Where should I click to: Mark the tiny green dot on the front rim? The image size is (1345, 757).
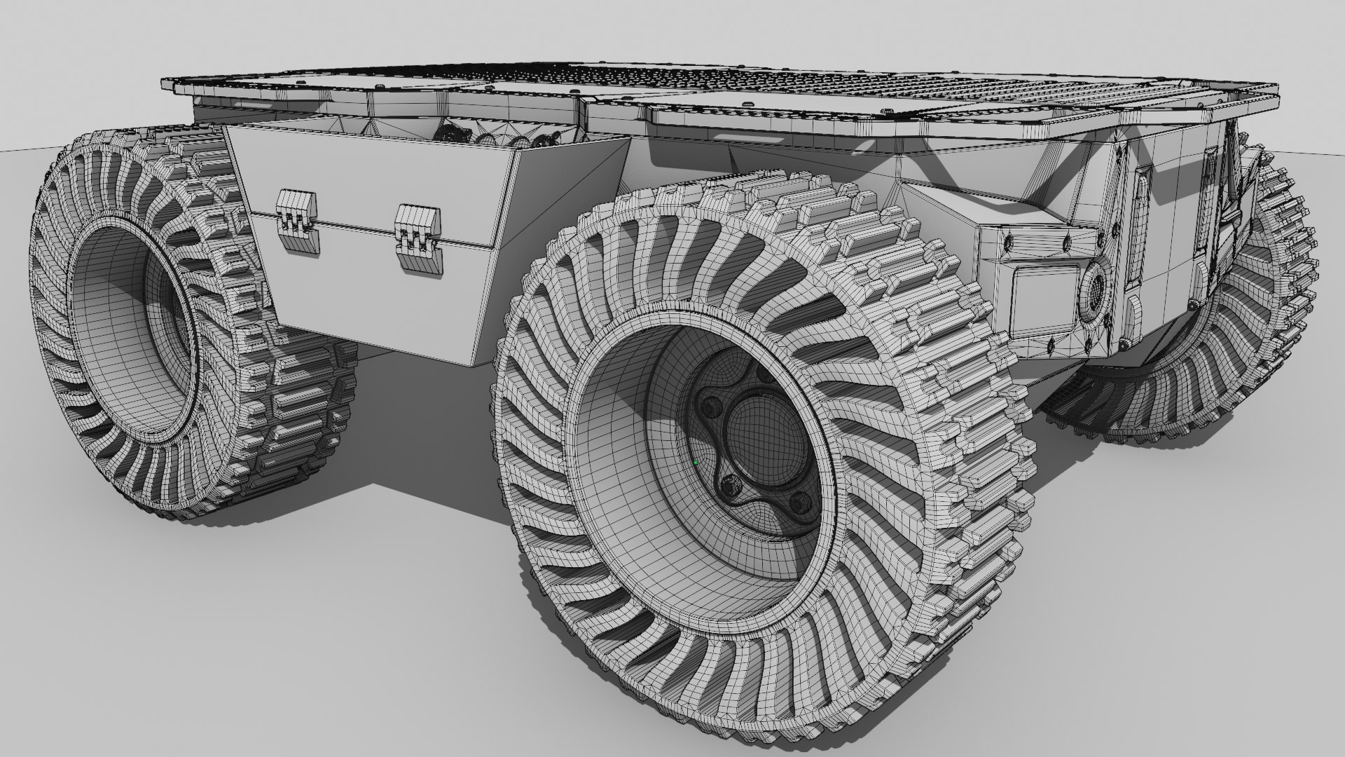click(x=696, y=463)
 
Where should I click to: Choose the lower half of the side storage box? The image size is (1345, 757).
click(x=378, y=294)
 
